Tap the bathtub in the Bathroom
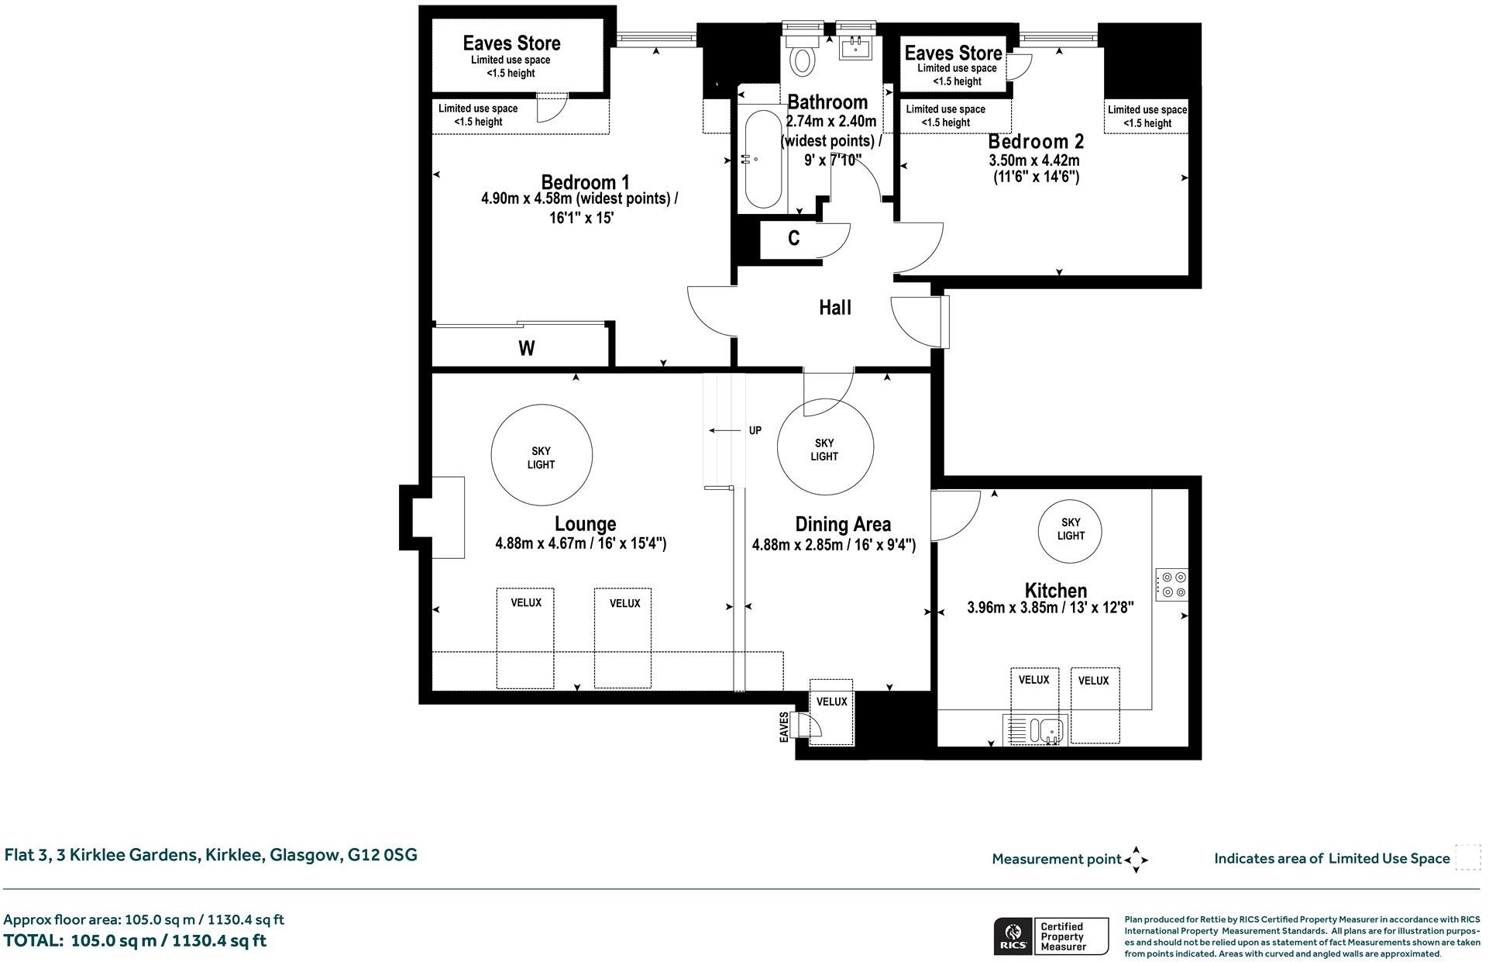[x=763, y=160]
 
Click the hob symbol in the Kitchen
[x=1171, y=584]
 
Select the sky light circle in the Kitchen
[x=1070, y=529]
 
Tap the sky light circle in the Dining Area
[x=825, y=447]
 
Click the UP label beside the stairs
[x=755, y=430]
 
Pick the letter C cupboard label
[x=793, y=239]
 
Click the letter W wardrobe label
[x=527, y=349]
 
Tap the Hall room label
[x=835, y=308]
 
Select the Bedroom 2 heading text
[x=1036, y=142]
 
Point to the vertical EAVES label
[x=784, y=726]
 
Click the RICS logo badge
[x=1012, y=936]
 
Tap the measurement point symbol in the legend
[x=1136, y=859]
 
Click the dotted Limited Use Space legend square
[x=1467, y=857]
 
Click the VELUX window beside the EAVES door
[x=831, y=711]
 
